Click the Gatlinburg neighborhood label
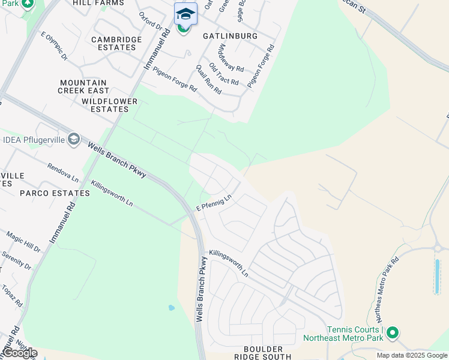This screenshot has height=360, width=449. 230,36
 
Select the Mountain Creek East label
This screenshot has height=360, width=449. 83,86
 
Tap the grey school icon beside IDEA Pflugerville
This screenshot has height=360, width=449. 74,140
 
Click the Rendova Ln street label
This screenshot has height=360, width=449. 63,172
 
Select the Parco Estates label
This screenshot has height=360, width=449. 55,193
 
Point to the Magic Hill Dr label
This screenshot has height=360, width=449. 23,241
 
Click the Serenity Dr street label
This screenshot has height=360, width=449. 16,259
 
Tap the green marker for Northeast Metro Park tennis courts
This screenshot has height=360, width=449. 393,332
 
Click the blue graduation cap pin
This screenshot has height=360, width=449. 185,14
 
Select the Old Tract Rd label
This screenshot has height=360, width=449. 224,74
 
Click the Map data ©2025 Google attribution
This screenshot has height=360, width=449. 411,355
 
